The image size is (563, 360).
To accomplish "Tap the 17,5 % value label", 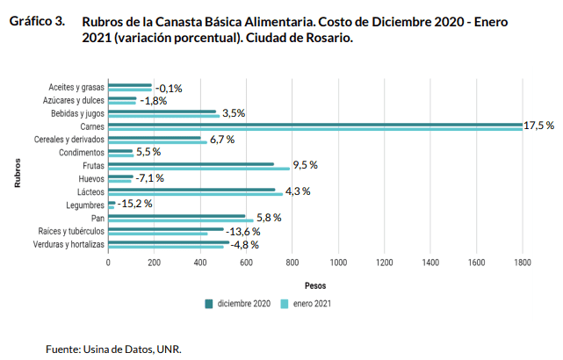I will pos(538,126).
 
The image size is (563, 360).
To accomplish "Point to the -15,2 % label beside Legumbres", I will pos(135,204).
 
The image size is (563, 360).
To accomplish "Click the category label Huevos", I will pos(91,178).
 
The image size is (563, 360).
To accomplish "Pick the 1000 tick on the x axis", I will pos(338,263).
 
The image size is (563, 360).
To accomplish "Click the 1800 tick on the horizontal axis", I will pos(523,263).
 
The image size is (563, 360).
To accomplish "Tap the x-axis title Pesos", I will pos(315,286).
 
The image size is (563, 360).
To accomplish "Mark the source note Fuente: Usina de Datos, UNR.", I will pos(113,349).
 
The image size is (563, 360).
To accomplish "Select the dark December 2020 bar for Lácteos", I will pos(191,189).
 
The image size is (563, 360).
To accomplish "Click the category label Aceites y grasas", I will pos(77,87).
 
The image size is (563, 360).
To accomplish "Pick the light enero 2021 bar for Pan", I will pos(181,220).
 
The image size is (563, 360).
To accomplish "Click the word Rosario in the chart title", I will pos(328,39).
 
